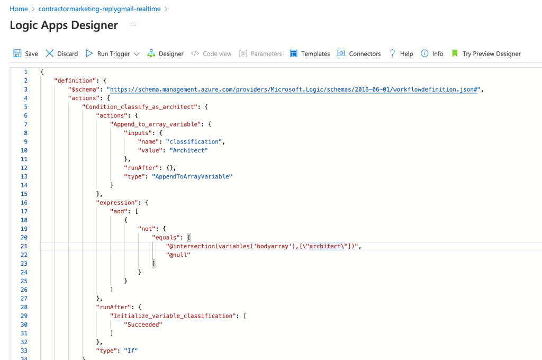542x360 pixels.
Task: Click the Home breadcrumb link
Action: click(19, 9)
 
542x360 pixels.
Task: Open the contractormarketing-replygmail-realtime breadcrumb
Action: click(99, 9)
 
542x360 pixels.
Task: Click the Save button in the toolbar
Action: click(25, 53)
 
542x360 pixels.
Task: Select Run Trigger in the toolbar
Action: click(108, 53)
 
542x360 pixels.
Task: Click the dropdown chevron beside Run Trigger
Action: click(137, 54)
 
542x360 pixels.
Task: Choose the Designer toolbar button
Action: click(165, 53)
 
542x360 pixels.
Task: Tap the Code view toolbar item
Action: click(211, 53)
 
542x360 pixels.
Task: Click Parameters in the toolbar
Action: click(260, 53)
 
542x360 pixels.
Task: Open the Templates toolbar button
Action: click(310, 53)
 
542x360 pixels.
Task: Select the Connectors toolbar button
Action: click(359, 53)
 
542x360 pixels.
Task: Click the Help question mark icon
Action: click(392, 53)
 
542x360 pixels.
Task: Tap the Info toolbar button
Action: click(432, 53)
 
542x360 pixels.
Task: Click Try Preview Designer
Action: click(486, 53)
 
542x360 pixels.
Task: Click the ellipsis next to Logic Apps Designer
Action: click(133, 25)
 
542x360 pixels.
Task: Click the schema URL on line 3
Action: click(293, 89)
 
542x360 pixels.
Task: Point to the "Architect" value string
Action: click(188, 150)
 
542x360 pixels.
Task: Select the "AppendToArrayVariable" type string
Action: click(192, 176)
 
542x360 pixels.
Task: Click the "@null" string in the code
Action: click(178, 255)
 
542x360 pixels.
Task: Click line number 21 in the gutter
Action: click(24, 246)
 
